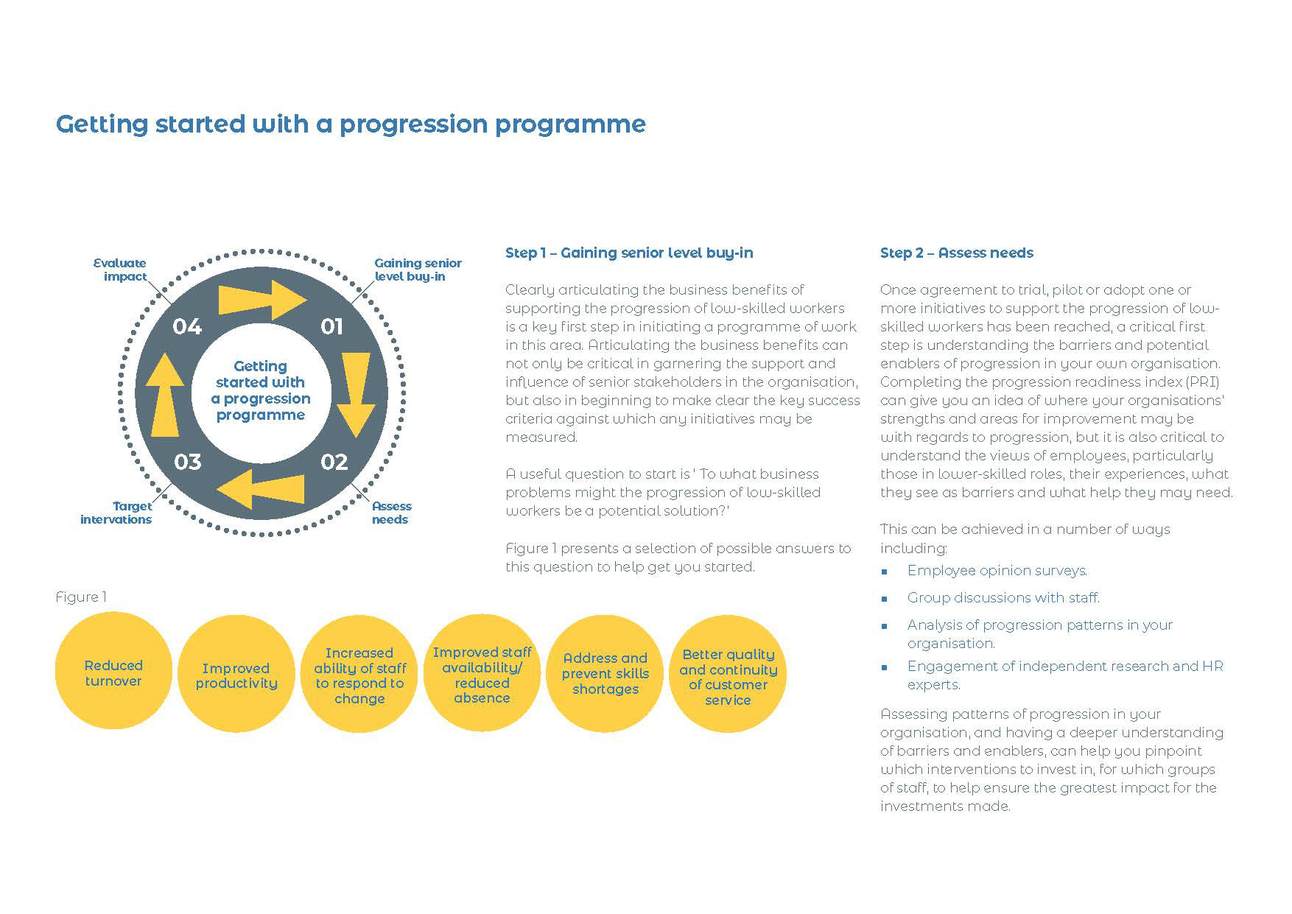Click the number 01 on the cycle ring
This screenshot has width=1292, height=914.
pyautogui.click(x=331, y=326)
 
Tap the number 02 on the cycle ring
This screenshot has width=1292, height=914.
pyautogui.click(x=334, y=462)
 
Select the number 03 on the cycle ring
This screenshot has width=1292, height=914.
pyautogui.click(x=187, y=462)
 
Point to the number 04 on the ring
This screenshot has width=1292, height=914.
pyautogui.click(x=187, y=326)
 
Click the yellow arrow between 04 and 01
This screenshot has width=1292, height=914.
pyautogui.click(x=261, y=300)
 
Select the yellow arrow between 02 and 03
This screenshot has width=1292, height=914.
pyautogui.click(x=262, y=488)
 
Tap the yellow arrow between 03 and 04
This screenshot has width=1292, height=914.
pyautogui.click(x=165, y=394)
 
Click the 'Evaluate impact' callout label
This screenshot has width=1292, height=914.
pyautogui.click(x=121, y=270)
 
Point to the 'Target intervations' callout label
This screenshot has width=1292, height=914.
pyautogui.click(x=116, y=513)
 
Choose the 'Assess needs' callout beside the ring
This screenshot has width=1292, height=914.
pyautogui.click(x=391, y=513)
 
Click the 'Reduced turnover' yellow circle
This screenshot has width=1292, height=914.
pyautogui.click(x=113, y=672)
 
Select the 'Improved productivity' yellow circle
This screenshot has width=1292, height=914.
pyautogui.click(x=236, y=675)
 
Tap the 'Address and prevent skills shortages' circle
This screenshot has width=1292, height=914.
pyautogui.click(x=605, y=673)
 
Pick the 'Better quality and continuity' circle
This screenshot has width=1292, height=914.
pyautogui.click(x=728, y=676)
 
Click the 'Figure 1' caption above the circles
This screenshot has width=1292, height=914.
pyautogui.click(x=81, y=597)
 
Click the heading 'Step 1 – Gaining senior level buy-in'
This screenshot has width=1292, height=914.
pyautogui.click(x=629, y=253)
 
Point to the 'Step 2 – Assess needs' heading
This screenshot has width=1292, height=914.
pyautogui.click(x=956, y=253)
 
